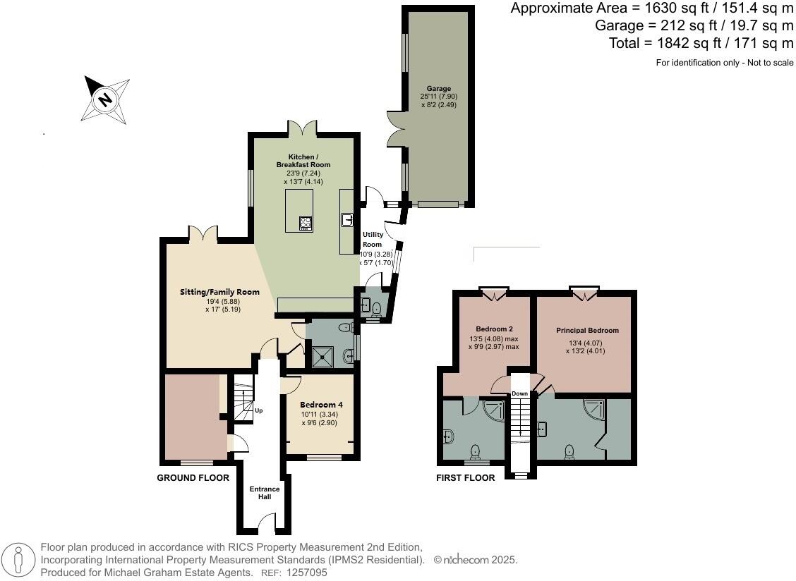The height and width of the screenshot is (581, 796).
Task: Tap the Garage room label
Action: coord(439,88)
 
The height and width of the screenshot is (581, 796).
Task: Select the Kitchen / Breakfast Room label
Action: coord(303,160)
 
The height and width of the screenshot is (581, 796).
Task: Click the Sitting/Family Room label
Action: coord(219,292)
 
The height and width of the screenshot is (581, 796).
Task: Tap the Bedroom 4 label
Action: coord(321,405)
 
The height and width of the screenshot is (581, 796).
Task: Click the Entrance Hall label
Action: coord(265,493)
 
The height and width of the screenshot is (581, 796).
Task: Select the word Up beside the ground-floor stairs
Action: coord(259,410)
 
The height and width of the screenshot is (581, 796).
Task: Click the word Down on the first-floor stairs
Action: coord(520,393)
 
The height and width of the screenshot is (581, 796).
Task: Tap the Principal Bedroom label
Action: coord(587,330)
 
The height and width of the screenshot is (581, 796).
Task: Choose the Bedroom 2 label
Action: coord(495,329)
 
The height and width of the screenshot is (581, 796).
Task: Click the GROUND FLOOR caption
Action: coord(193,477)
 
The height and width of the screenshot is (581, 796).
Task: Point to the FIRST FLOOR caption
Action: coord(466,477)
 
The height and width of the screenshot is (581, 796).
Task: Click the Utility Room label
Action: coord(372,239)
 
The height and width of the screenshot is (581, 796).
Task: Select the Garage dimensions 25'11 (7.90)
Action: coord(440,97)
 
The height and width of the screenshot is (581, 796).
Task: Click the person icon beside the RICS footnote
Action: coord(18,561)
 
